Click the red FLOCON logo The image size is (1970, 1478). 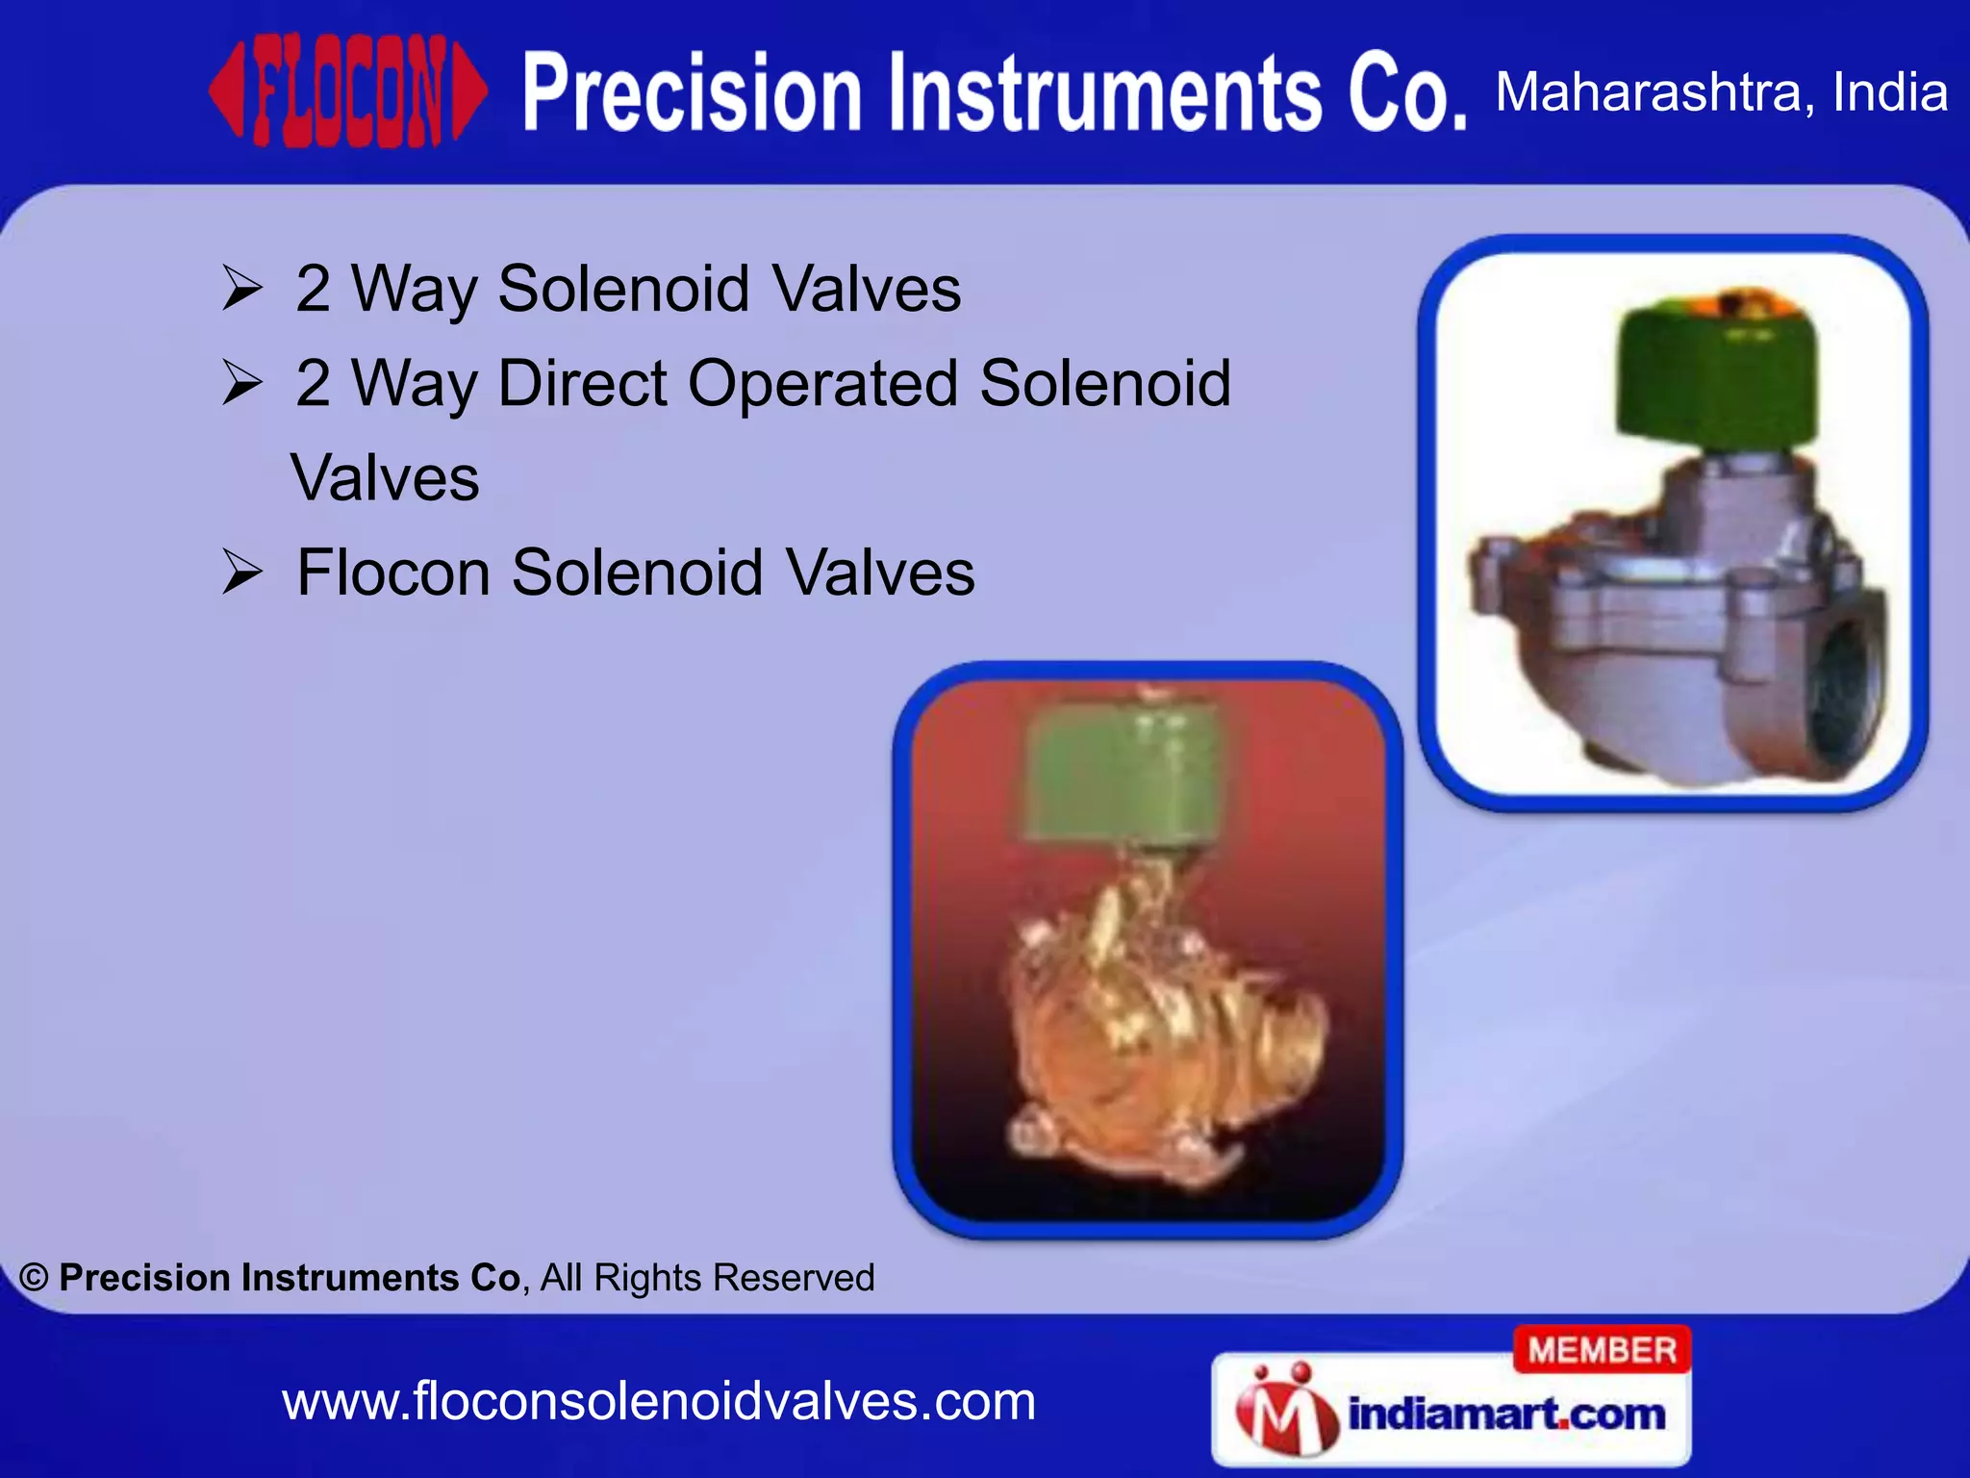348,92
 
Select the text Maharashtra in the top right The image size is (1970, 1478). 1649,92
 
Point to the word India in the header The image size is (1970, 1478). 1889,92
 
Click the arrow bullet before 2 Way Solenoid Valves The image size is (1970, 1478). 241,289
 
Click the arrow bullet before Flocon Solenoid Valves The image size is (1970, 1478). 241,573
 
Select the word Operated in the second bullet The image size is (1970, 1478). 822,384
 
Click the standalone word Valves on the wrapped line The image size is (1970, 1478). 385,478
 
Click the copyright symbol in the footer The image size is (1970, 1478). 34,1278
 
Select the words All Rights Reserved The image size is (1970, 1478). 707,1278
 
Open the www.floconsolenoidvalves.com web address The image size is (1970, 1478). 659,1402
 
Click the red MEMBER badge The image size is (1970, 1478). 1602,1350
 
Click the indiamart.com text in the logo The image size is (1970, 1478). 1506,1414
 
